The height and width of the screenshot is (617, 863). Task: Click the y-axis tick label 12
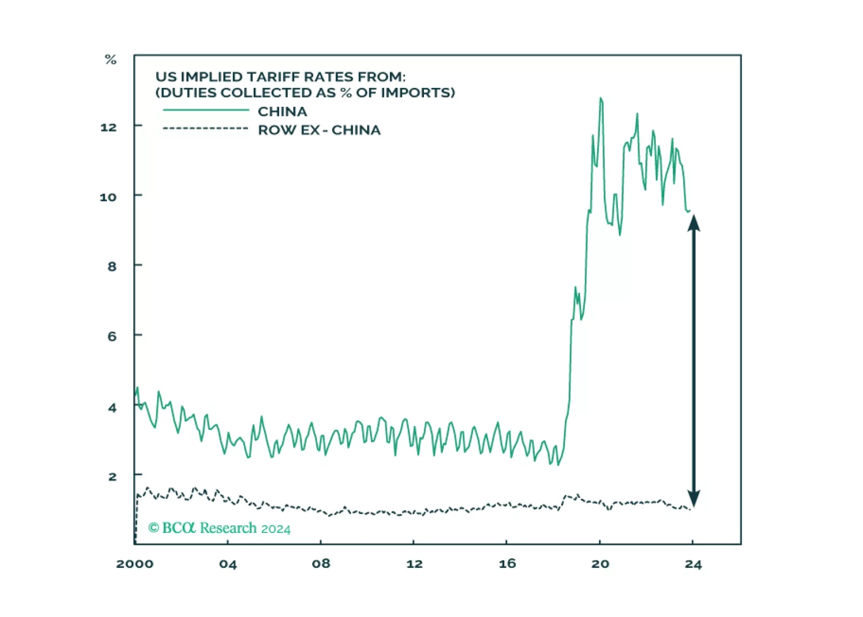coord(109,127)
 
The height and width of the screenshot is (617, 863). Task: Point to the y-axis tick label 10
coord(108,197)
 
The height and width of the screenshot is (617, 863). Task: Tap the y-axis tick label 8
coord(112,266)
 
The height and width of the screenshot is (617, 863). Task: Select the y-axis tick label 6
coord(112,336)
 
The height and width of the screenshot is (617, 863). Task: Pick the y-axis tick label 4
coord(112,408)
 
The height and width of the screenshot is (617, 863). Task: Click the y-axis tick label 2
coord(112,476)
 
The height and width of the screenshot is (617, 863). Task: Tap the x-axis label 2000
coord(134,564)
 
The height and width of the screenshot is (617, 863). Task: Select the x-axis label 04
coord(228,564)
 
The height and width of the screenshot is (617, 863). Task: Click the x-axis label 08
coord(321,564)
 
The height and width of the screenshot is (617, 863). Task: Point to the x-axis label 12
coord(414,564)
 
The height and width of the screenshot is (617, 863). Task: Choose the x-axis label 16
coord(507,564)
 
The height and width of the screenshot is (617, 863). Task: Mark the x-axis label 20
coord(600,564)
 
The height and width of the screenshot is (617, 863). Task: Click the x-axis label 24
coord(693,565)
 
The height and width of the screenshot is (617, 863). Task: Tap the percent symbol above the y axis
coord(111,59)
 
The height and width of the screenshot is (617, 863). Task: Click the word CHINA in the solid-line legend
coord(282,112)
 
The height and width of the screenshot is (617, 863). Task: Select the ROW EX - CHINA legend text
coord(319,130)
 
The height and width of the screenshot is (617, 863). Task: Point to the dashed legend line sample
coord(205,128)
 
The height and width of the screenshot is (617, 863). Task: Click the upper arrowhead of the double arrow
coord(694,223)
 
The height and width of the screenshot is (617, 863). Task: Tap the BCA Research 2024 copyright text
coord(219,528)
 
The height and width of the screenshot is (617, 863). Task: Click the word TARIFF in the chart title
coord(271,77)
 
